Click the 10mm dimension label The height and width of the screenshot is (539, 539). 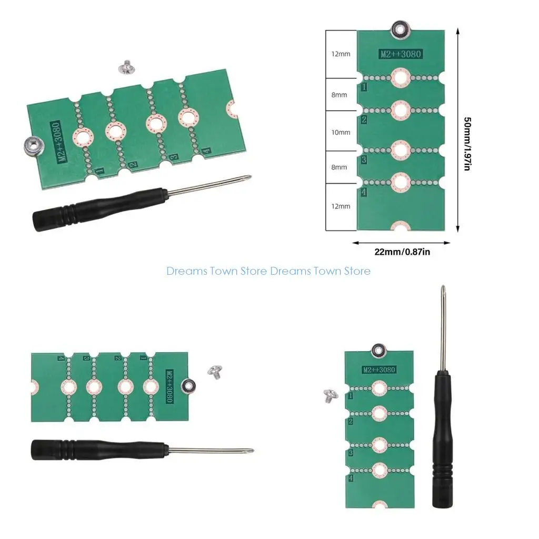point(341,132)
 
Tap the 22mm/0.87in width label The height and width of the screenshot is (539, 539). point(402,252)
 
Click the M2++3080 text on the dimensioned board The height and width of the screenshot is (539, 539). point(401,54)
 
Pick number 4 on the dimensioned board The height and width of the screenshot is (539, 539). point(364,192)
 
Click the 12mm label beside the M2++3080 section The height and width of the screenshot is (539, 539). point(341,54)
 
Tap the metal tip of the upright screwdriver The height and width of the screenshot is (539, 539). point(443,289)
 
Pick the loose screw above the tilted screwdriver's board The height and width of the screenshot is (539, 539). point(125,67)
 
